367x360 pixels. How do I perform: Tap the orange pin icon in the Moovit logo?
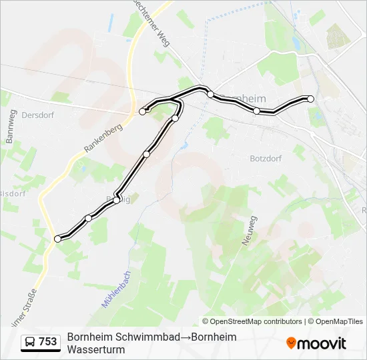(x=291, y=343)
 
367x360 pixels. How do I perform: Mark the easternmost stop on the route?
(x=310, y=99)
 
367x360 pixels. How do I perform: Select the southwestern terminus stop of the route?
(x=57, y=238)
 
